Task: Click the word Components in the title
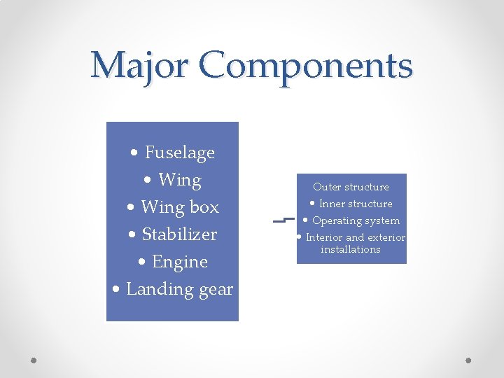[x=305, y=66]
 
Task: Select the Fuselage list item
[x=179, y=153]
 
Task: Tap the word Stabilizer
[x=179, y=234]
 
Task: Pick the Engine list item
[x=180, y=262]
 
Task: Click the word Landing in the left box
[x=157, y=289]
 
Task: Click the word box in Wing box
[x=204, y=207]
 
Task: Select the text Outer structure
[x=351, y=187]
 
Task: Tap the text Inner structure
[x=356, y=204]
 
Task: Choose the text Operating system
[x=356, y=220]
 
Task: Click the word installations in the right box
[x=350, y=249]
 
